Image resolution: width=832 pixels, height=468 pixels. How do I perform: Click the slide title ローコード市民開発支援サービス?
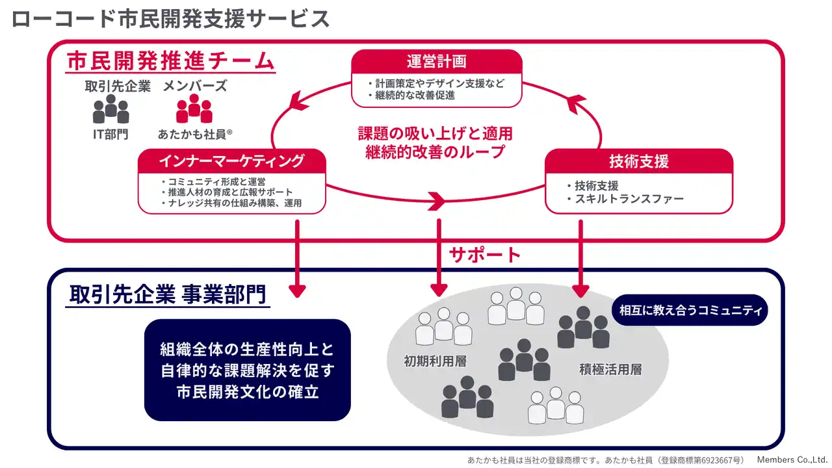pyautogui.click(x=170, y=19)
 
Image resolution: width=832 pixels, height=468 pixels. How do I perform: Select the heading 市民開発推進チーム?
pyautogui.click(x=171, y=61)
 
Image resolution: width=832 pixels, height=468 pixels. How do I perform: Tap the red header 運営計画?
pyautogui.click(x=436, y=61)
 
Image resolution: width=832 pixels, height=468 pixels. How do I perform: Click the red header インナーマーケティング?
pyautogui.click(x=232, y=161)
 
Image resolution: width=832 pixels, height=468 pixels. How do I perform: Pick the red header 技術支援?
pyautogui.click(x=639, y=161)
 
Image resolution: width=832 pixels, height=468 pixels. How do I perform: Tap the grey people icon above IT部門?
pyautogui.click(x=110, y=109)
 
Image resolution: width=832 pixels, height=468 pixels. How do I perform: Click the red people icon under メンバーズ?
pyautogui.click(x=194, y=109)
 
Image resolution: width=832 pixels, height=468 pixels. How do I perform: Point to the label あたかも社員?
pyautogui.click(x=192, y=134)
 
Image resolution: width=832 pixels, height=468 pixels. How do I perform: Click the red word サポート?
pyautogui.click(x=485, y=255)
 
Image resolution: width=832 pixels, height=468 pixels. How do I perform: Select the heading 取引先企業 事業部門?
pyautogui.click(x=168, y=294)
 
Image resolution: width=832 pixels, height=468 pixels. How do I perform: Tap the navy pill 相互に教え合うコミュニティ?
pyautogui.click(x=690, y=310)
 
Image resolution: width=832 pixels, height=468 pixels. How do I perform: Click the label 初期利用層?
pyautogui.click(x=435, y=361)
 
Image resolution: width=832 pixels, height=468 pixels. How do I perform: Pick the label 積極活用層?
pyautogui.click(x=610, y=369)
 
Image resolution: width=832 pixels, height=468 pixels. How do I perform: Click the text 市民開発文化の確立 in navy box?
pyautogui.click(x=248, y=392)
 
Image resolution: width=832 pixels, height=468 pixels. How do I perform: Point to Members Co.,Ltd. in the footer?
pyautogui.click(x=792, y=460)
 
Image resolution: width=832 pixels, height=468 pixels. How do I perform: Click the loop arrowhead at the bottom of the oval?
pyautogui.click(x=437, y=201)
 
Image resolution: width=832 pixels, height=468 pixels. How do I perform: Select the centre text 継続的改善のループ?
pyautogui.click(x=435, y=151)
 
